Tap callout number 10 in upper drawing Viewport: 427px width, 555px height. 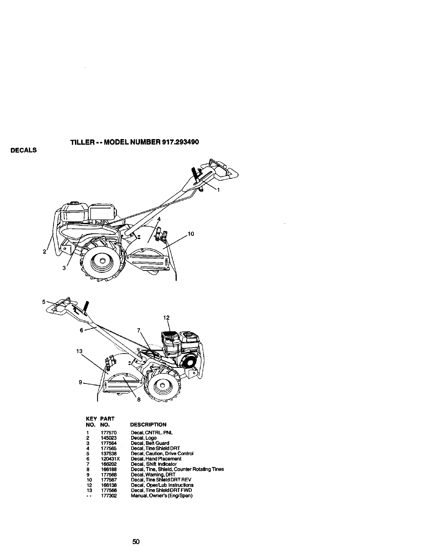(x=191, y=234)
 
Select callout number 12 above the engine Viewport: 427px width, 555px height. (x=166, y=318)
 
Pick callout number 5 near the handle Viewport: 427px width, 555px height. (x=44, y=301)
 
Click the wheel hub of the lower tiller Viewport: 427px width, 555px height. (x=162, y=386)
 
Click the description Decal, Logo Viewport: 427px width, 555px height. (x=143, y=438)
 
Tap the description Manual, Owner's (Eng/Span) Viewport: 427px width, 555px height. (x=162, y=495)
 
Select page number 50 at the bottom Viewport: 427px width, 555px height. (x=136, y=542)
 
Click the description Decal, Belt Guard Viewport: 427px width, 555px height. (x=150, y=443)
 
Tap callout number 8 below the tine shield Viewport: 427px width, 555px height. (x=138, y=402)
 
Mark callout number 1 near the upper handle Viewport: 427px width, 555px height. (x=218, y=190)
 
